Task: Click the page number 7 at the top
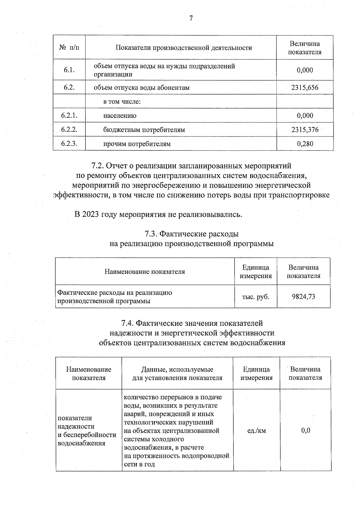click(191, 19)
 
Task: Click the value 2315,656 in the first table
click(304, 88)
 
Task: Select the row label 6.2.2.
click(69, 130)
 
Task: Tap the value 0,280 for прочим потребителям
click(305, 144)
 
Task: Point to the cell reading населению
click(120, 116)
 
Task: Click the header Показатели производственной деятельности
click(184, 48)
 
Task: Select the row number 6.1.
click(69, 70)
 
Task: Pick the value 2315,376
click(304, 130)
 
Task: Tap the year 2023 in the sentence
click(91, 215)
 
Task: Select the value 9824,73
click(303, 297)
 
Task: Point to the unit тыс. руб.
click(256, 297)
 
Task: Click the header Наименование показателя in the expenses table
click(145, 272)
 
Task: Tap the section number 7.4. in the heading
click(127, 323)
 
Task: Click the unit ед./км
click(256, 431)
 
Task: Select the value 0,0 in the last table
click(305, 431)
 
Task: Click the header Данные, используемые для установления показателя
click(177, 373)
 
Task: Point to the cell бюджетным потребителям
click(144, 130)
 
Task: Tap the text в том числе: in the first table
click(122, 102)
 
